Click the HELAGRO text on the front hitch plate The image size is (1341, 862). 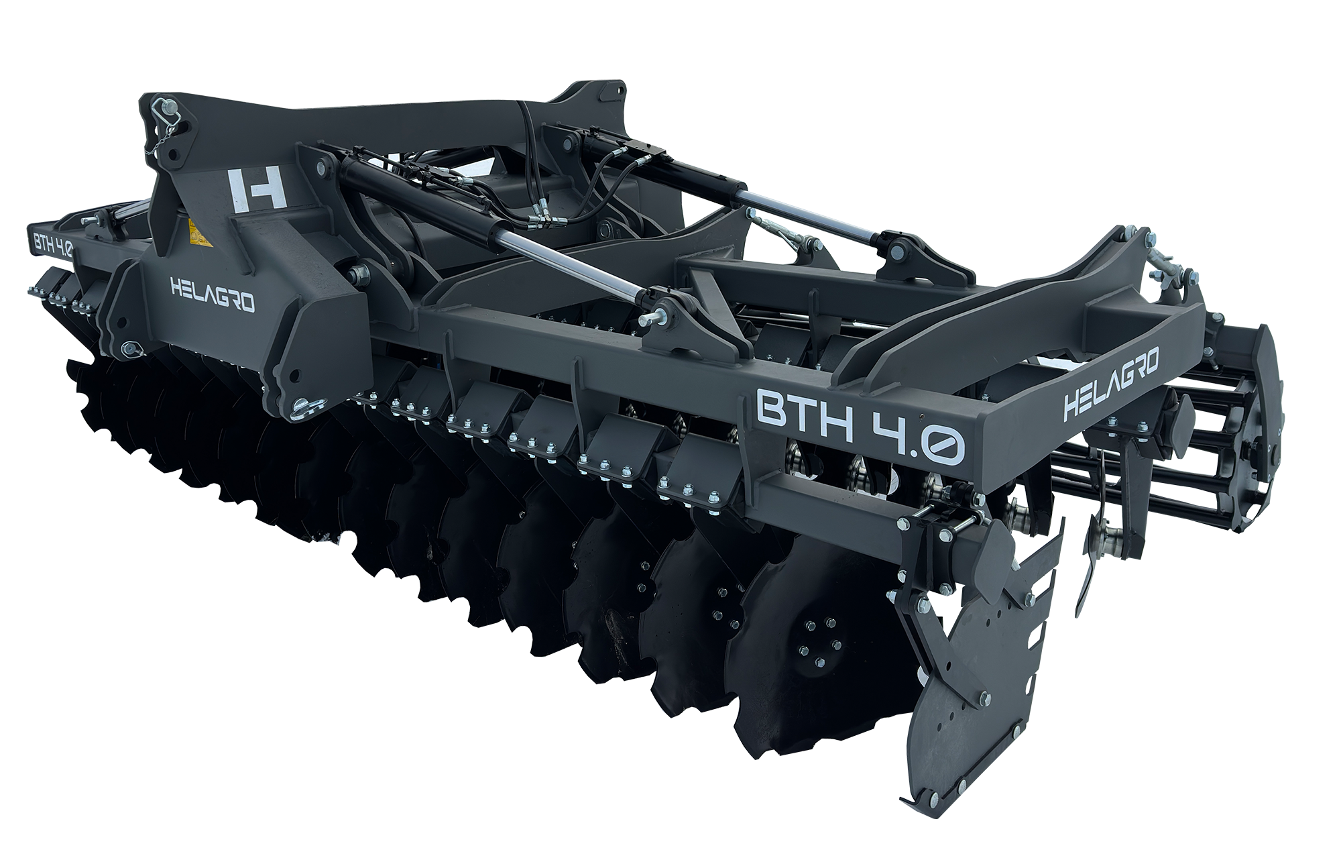click(213, 295)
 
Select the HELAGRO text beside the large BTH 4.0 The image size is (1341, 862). click(1112, 389)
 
